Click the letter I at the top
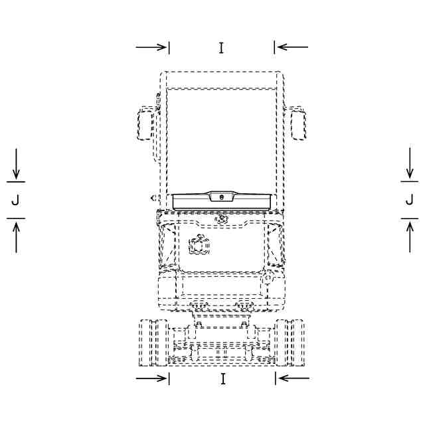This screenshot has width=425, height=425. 221,48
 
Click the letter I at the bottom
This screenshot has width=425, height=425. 223,379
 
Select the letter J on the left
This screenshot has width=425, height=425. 15,201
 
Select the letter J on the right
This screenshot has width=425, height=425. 410,200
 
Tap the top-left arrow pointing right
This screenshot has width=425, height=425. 151,47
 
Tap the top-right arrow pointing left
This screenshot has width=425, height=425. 293,47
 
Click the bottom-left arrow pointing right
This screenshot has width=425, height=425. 151,379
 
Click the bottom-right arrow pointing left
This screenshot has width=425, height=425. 294,378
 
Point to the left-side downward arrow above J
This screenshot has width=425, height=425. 16,164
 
